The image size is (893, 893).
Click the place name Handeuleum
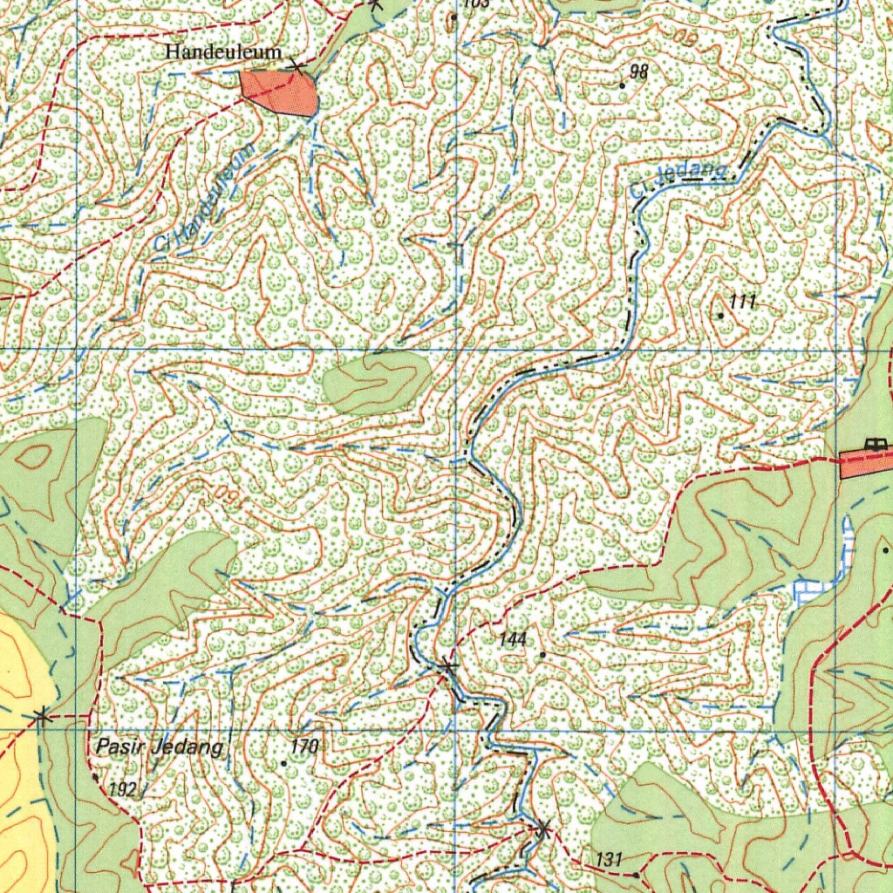pos(223,52)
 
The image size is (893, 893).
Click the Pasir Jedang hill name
pos(160,747)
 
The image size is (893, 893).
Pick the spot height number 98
pos(638,72)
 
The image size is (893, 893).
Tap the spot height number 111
pos(742,303)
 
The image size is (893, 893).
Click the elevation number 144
pos(513,640)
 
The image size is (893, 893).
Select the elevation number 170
pos(305,746)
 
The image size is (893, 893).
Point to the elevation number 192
pos(123,790)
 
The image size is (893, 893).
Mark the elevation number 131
pos(609,860)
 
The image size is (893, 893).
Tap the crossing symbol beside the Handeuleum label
pos(298,65)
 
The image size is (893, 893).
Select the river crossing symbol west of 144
pos(447,668)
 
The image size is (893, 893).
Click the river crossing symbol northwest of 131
pos(542,829)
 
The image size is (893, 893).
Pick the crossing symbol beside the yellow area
pos(41,717)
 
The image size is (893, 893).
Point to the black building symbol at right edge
pos(875,444)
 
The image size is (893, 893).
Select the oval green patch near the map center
pos(376,381)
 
